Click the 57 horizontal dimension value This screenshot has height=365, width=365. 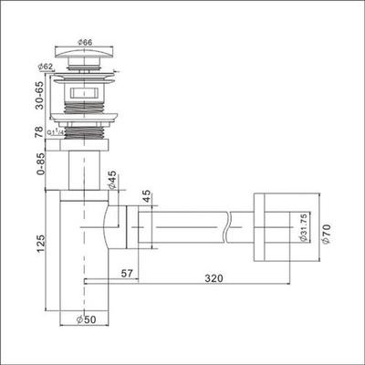(127, 273)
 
